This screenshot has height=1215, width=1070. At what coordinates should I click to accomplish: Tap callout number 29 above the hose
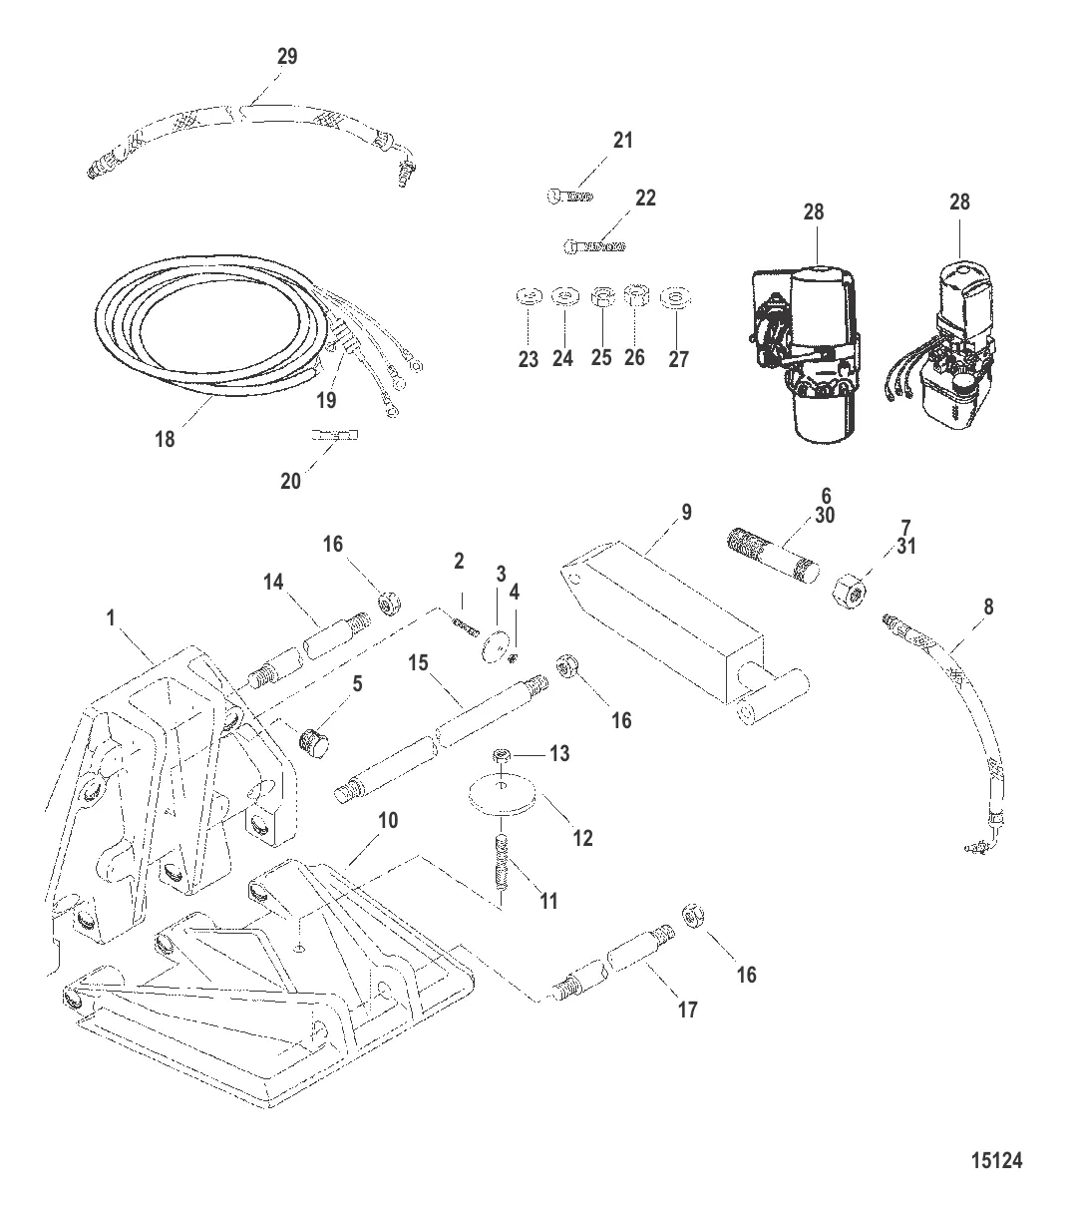click(286, 58)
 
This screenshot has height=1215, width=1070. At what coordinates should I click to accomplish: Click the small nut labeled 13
click(505, 755)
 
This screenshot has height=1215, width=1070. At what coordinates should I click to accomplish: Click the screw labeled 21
click(571, 197)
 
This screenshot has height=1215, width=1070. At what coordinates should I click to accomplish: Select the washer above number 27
click(676, 296)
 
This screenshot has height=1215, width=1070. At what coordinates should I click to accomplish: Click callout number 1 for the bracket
click(112, 618)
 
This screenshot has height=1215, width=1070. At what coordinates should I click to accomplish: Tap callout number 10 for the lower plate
click(389, 820)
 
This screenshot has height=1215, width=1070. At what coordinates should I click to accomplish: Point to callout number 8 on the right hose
click(987, 606)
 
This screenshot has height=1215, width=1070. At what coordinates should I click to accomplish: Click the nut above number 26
click(635, 295)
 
